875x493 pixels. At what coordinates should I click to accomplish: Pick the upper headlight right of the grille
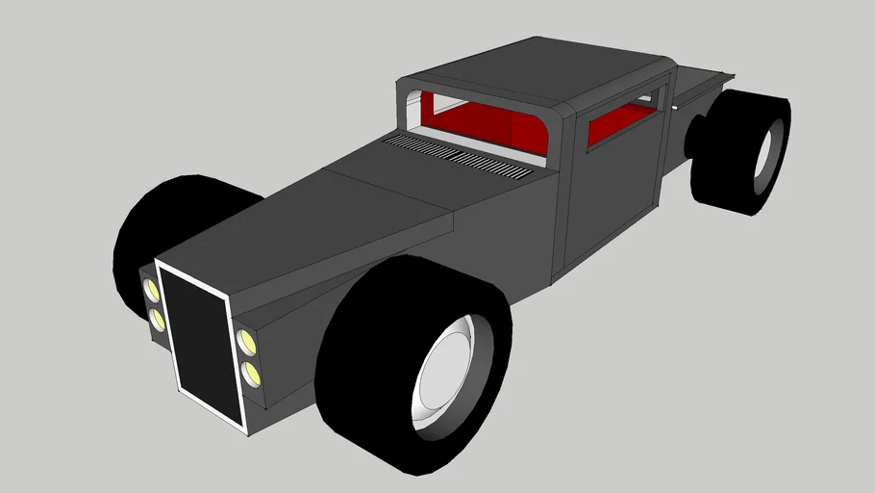pyautogui.click(x=246, y=340)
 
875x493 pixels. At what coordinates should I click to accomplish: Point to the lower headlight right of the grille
pyautogui.click(x=251, y=373)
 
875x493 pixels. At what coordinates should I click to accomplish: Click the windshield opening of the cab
pyautogui.click(x=481, y=120)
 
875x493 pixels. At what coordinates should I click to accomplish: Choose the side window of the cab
pyautogui.click(x=620, y=123)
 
